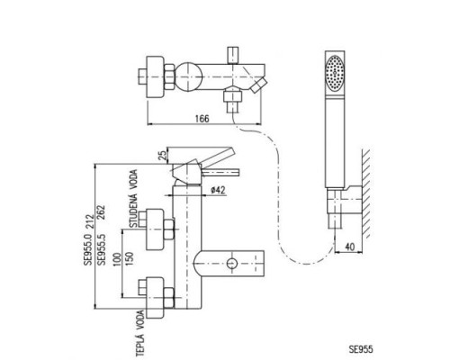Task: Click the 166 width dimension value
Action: click(x=202, y=119)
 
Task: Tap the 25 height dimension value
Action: click(x=162, y=156)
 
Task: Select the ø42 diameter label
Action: click(x=218, y=190)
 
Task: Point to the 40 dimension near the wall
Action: click(x=350, y=247)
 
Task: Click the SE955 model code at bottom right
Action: click(x=361, y=349)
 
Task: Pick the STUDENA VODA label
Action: click(x=133, y=198)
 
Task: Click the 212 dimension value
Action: click(x=89, y=221)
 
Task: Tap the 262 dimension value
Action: click(x=101, y=212)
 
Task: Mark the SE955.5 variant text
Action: click(x=102, y=248)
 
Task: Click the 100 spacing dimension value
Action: click(x=116, y=260)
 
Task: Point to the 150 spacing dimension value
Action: click(x=129, y=258)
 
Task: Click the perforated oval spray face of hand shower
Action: click(x=335, y=72)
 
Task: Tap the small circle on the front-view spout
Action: click(x=231, y=264)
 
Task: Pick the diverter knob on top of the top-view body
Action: click(x=233, y=56)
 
